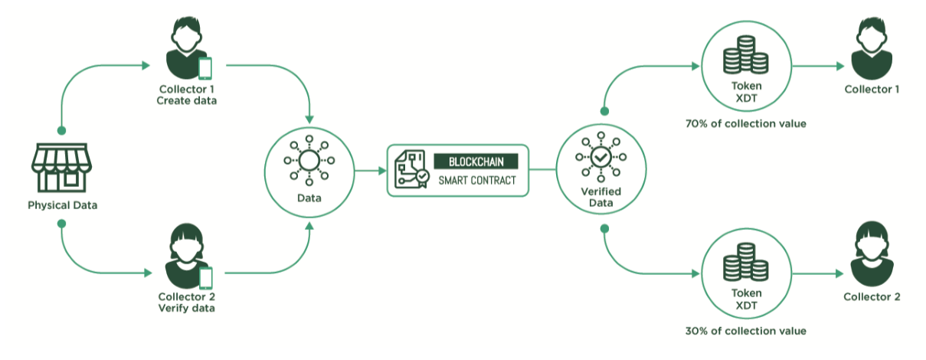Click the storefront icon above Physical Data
click(x=62, y=166)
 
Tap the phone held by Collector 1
click(x=205, y=67)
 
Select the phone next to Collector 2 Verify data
click(x=205, y=277)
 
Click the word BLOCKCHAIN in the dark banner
click(x=476, y=162)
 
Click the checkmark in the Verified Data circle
click(x=600, y=158)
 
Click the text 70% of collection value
click(x=746, y=123)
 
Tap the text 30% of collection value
click(x=746, y=331)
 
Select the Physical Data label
click(x=63, y=205)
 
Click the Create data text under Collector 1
click(x=187, y=101)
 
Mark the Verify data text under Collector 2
click(x=187, y=309)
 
